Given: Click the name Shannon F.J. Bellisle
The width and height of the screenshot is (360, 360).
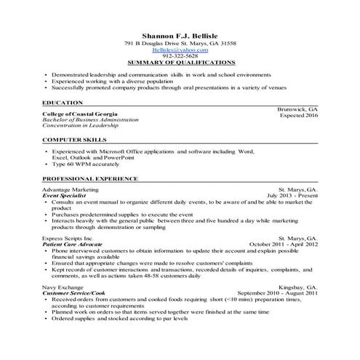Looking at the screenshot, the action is click(180, 34).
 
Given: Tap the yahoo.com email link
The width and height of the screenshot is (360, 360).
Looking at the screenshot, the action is click(180, 49).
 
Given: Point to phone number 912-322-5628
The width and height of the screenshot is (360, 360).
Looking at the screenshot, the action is click(180, 56).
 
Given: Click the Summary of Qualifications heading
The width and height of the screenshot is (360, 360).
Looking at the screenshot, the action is click(180, 63).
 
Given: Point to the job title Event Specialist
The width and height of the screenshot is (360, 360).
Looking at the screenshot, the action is click(65, 196).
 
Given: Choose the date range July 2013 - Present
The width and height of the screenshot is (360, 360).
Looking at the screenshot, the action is click(292, 196).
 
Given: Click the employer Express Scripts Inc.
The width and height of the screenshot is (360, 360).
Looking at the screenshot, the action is click(68, 238).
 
